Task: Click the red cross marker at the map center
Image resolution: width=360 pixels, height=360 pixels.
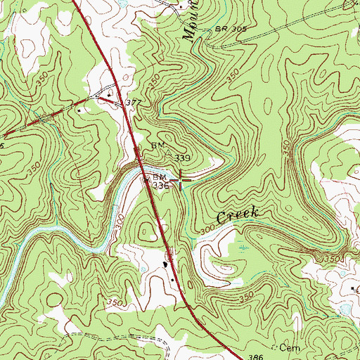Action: (181, 180)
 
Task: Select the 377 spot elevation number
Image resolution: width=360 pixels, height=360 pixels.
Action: (134, 103)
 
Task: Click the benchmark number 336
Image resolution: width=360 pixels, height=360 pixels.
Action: (160, 186)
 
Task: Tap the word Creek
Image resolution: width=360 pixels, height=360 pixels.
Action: (239, 216)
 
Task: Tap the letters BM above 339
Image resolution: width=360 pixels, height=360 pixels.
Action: (157, 146)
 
